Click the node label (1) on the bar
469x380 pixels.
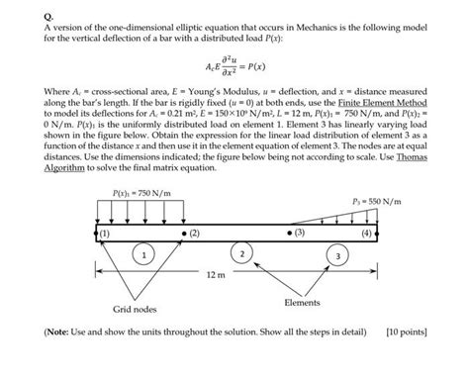106,234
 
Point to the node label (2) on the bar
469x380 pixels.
194,234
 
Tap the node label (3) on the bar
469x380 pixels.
299,234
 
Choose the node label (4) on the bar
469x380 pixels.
368,234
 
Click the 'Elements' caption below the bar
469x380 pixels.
302,302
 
